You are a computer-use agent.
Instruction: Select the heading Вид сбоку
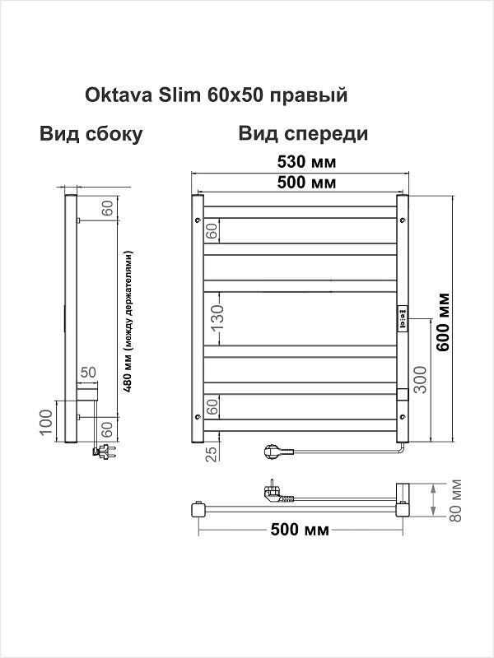pyautogui.click(x=91, y=134)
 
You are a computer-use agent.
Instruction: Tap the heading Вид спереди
pyautogui.click(x=302, y=134)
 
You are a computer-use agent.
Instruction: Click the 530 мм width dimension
pyautogui.click(x=300, y=161)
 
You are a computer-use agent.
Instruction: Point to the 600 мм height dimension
pyautogui.click(x=444, y=322)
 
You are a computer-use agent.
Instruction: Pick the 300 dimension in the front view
pyautogui.click(x=420, y=378)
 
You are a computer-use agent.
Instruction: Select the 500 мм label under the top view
pyautogui.click(x=299, y=530)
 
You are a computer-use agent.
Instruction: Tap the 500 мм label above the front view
pyautogui.click(x=300, y=183)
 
